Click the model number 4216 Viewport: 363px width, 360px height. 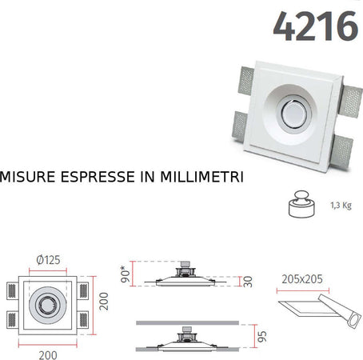pyautogui.click(x=314, y=26)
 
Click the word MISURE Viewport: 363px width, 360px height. pyautogui.click(x=31, y=174)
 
